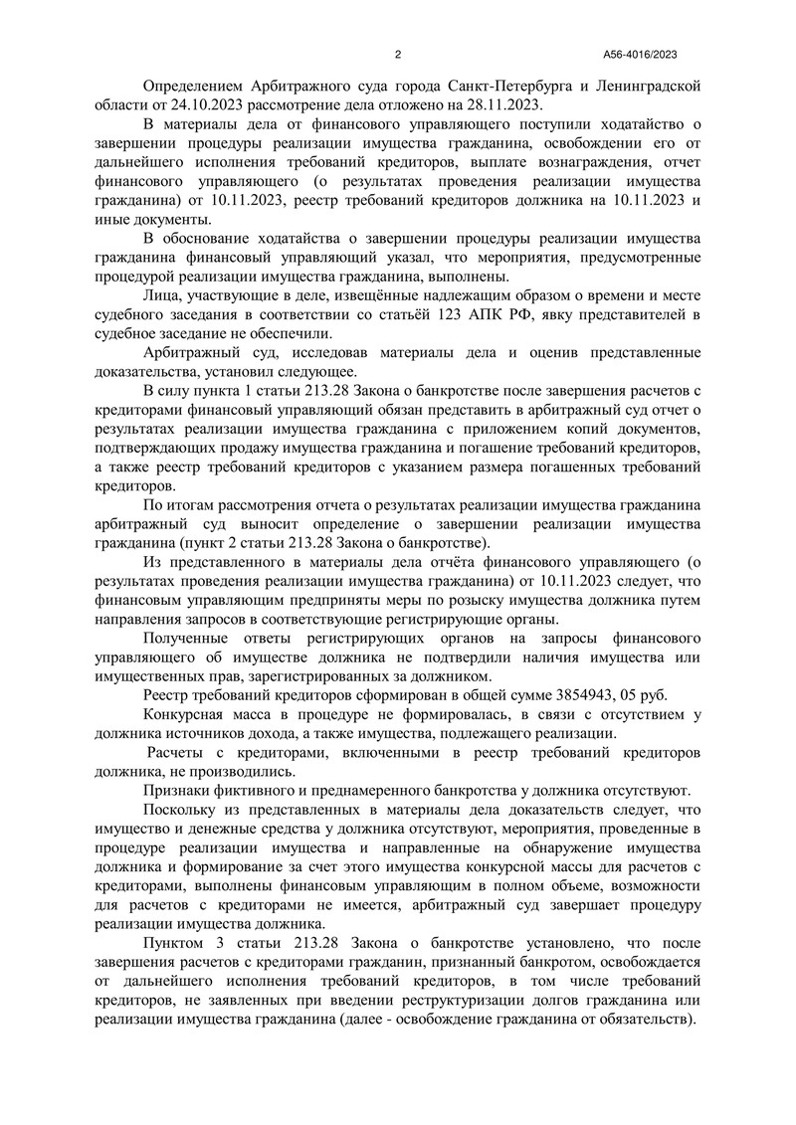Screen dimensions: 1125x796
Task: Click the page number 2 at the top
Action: tap(397, 55)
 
